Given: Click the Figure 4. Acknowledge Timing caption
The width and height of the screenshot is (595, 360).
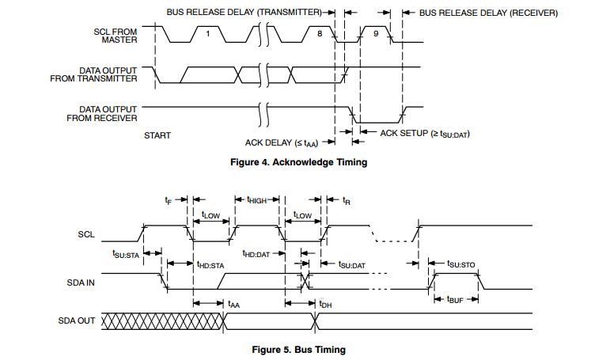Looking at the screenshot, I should click(x=297, y=162).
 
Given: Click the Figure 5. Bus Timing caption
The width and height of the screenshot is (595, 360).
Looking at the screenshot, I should click(x=298, y=349).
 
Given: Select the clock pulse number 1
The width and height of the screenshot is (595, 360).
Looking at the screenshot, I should click(x=208, y=33).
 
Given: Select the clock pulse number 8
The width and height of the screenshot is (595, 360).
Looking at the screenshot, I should click(x=320, y=33).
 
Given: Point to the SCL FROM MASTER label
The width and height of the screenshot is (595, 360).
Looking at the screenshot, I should click(x=115, y=35).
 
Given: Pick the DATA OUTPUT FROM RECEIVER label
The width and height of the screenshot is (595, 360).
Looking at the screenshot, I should click(x=104, y=114).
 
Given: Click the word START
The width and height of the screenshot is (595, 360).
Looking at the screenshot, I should click(x=157, y=135).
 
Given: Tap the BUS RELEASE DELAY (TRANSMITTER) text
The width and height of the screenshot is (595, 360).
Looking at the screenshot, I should click(x=244, y=13).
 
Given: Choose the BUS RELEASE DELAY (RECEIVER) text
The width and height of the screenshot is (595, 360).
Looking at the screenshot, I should click(x=488, y=13).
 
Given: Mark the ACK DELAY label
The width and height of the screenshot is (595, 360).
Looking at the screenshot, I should click(x=280, y=142).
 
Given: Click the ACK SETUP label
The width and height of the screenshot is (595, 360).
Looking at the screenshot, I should click(x=425, y=134).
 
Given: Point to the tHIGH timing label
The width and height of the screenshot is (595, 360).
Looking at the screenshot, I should click(x=257, y=201).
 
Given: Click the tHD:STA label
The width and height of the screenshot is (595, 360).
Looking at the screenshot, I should click(x=210, y=264).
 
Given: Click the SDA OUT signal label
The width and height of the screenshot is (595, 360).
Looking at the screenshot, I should click(x=76, y=321).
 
